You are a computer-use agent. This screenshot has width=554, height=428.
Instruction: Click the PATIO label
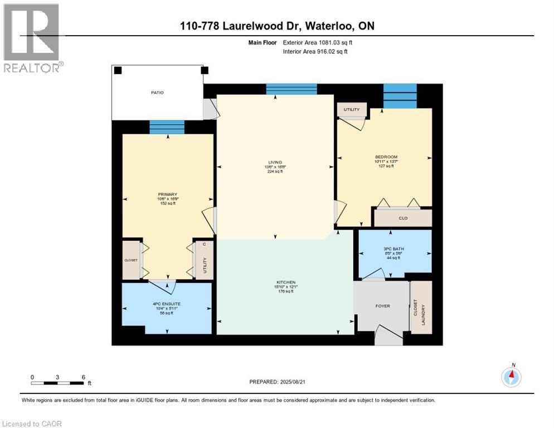point(157,93)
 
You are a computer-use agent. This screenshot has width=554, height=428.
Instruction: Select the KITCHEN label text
point(285,282)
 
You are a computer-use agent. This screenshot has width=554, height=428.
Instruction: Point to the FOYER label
point(382,306)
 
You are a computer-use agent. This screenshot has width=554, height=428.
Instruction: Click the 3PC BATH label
point(394,250)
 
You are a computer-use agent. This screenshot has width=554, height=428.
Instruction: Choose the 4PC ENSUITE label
point(167,304)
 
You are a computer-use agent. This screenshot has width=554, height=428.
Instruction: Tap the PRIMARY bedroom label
point(167,194)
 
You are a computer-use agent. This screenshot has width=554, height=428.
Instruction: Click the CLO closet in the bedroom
point(402,218)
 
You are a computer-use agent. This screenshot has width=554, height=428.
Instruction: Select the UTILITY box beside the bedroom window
point(352,109)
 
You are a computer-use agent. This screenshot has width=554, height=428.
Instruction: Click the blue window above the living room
point(291,89)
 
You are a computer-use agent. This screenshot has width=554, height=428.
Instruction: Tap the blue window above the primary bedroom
point(167,127)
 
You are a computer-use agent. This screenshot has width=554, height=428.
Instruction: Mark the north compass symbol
point(511,377)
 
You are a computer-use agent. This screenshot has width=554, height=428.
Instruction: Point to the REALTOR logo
point(32,39)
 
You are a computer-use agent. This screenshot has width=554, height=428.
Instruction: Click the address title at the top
point(278,25)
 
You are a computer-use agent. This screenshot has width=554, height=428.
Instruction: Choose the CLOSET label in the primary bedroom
point(131,260)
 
